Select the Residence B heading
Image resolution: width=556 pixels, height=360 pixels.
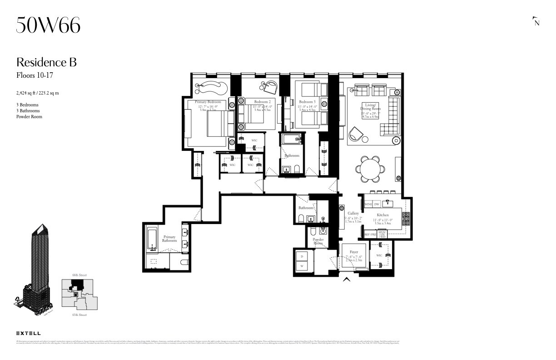pyautogui.click(x=46, y=62)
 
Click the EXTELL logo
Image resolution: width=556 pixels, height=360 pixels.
pyautogui.click(x=28, y=334)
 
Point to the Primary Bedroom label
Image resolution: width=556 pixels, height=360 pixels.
pyautogui.click(x=208, y=102)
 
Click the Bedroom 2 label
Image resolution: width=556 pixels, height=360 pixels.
pyautogui.click(x=262, y=102)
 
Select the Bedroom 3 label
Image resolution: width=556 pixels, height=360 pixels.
pyautogui.click(x=307, y=102)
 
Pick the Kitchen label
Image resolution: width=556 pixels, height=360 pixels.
pyautogui.click(x=383, y=215)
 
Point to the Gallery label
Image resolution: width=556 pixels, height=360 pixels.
pyautogui.click(x=353, y=213)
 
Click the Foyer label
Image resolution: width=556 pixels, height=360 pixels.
pyautogui.click(x=353, y=252)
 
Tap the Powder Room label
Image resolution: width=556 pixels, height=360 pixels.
pyautogui.click(x=318, y=241)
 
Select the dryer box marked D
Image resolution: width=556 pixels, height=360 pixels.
pyautogui.click(x=302, y=256)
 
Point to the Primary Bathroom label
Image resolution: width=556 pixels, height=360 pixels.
pyautogui.click(x=169, y=239)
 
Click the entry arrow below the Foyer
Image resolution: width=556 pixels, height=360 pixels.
pyautogui.click(x=347, y=279)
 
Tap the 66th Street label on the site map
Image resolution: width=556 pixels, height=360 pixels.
pyautogui.click(x=79, y=275)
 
